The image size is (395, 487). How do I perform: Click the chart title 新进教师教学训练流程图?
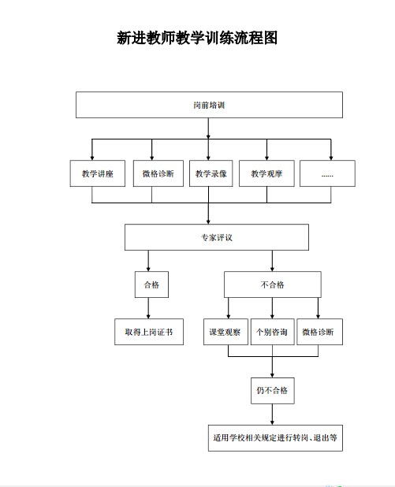coord(197,38)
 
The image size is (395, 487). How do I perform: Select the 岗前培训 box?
coord(209,105)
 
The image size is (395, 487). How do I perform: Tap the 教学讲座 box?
coord(98,173)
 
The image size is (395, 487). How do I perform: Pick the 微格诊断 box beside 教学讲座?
coord(158,173)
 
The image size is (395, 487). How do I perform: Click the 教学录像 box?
coord(211,173)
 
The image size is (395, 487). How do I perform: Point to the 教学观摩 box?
coord(266,173)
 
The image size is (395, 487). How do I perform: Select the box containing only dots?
coord(327,173)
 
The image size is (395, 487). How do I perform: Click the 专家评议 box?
coord(217,237)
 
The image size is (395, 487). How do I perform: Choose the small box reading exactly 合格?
coord(151,284)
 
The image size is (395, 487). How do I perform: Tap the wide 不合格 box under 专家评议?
coord(273,284)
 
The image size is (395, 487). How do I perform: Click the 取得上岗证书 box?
coord(149,332)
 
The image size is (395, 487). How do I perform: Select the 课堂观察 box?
coord(225,332)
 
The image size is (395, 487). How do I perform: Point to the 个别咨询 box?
coord(273,332)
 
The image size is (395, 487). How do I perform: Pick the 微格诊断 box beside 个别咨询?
coord(320,332)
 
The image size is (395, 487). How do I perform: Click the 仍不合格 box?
coord(273,391)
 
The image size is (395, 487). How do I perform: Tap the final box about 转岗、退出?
coord(275,438)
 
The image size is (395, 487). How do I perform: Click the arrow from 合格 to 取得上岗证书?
coord(148,308)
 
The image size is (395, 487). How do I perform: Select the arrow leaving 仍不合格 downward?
coord(272,415)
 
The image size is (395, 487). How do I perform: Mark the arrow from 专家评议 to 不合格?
coord(272,261)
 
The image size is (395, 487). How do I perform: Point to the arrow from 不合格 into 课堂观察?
coord(229,308)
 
